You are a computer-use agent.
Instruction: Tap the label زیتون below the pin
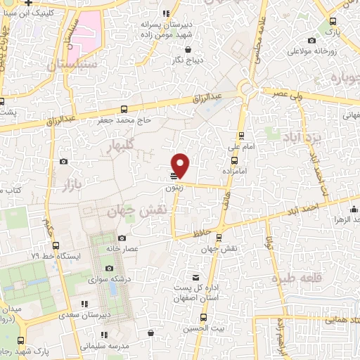click(175, 188)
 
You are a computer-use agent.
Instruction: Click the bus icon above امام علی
click(242, 136)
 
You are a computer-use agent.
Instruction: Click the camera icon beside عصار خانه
click(122, 238)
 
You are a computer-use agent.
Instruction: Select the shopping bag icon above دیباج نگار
click(189, 49)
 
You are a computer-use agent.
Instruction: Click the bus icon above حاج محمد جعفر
click(124, 109)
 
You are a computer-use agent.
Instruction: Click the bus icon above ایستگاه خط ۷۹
click(56, 245)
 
